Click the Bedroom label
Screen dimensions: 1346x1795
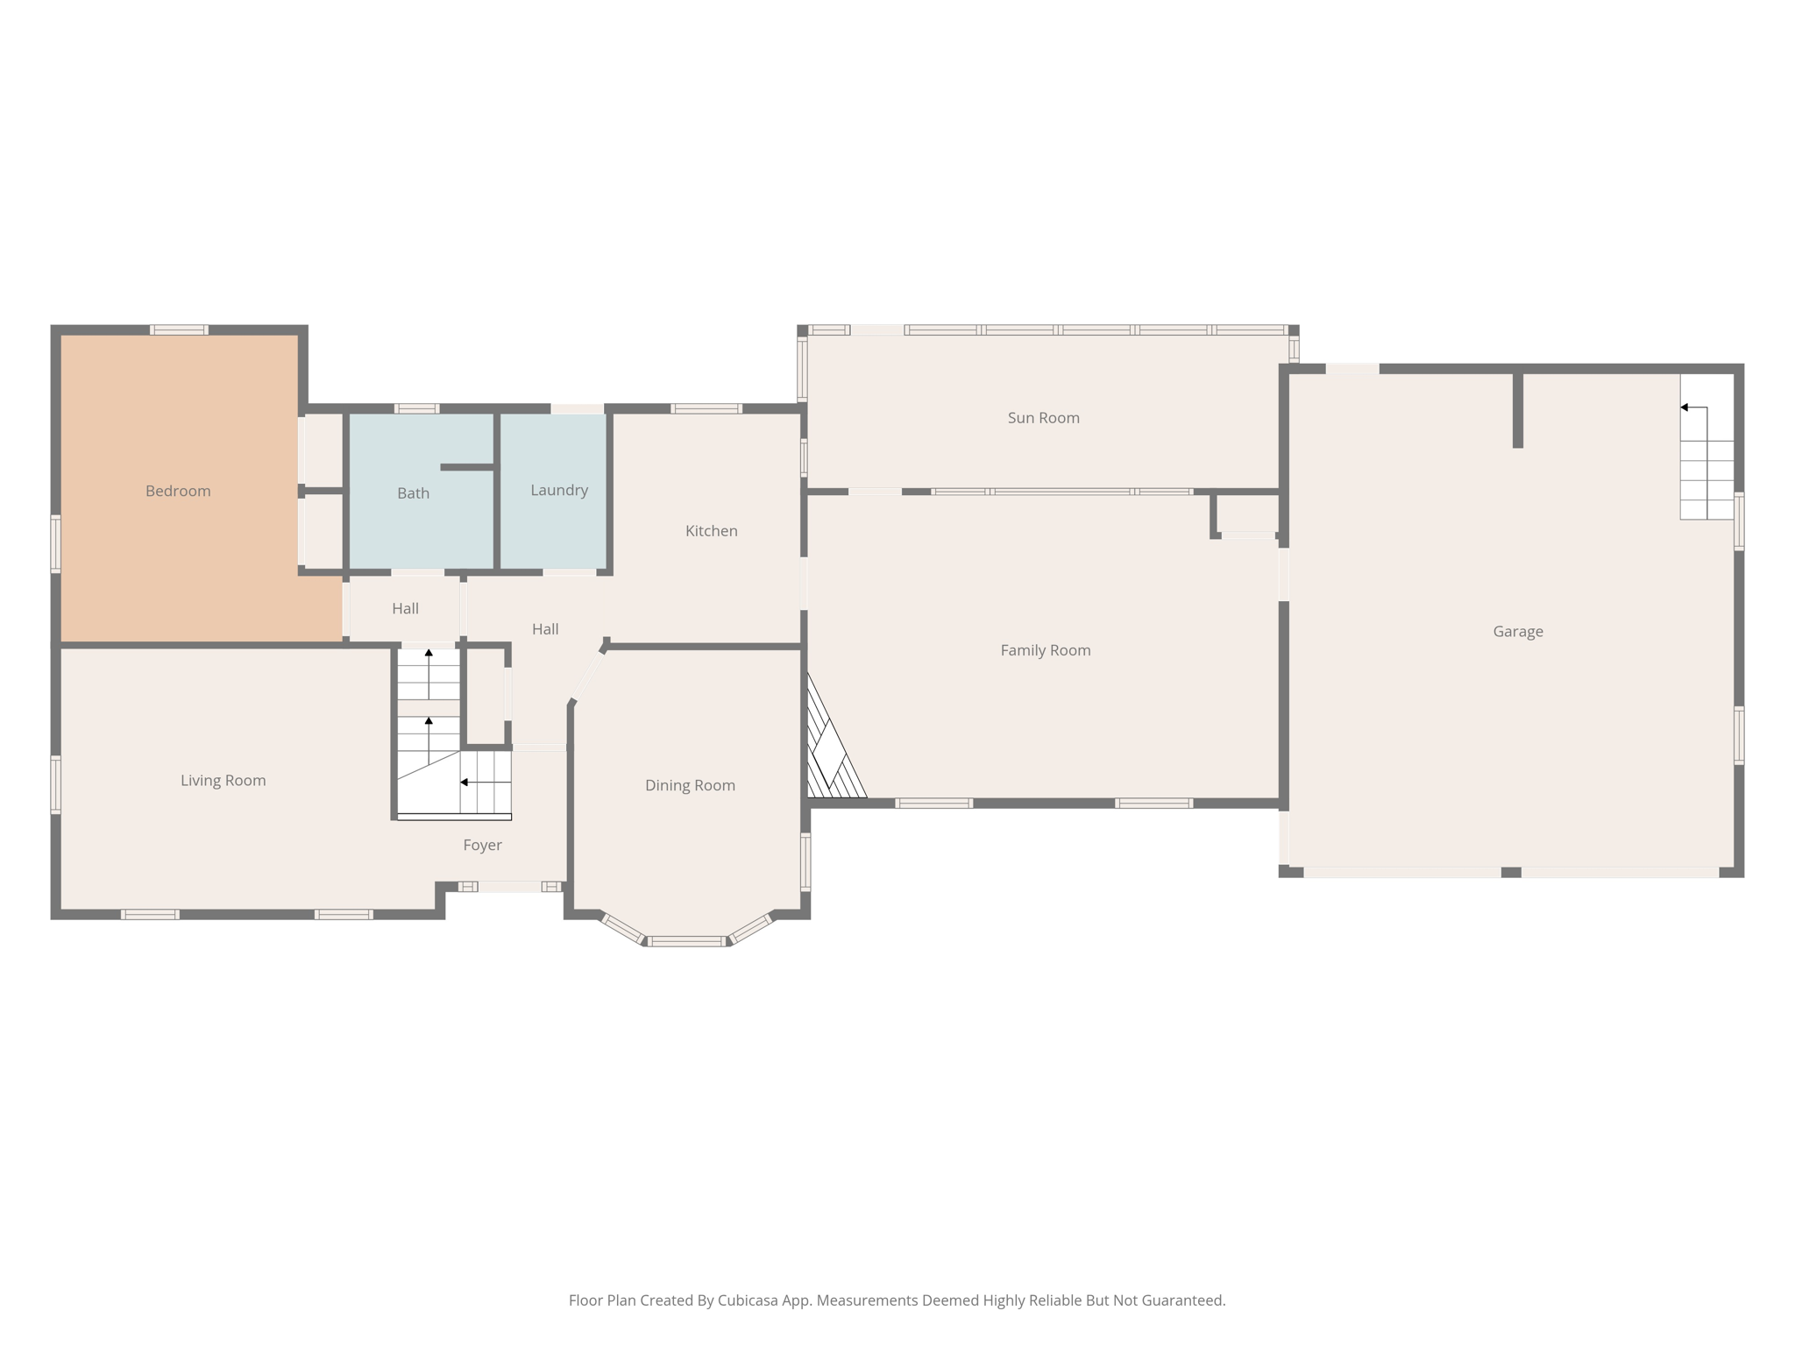point(178,491)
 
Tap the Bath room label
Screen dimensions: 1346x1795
point(413,493)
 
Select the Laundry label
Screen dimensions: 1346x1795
point(558,490)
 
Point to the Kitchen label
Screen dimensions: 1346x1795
point(711,531)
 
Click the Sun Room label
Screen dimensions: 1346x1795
point(1043,418)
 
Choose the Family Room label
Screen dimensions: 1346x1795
point(1045,650)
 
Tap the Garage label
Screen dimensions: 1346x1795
point(1517,631)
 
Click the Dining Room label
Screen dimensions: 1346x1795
point(690,785)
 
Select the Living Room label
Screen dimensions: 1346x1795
point(223,780)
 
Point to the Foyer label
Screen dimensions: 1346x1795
point(482,845)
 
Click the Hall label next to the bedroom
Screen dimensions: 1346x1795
point(405,608)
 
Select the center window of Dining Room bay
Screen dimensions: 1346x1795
point(687,941)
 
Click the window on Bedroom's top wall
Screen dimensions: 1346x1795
point(179,330)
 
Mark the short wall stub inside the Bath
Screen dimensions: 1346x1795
point(466,468)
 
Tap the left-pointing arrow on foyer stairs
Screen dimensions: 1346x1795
point(465,782)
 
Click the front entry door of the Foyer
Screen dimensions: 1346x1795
point(509,887)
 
